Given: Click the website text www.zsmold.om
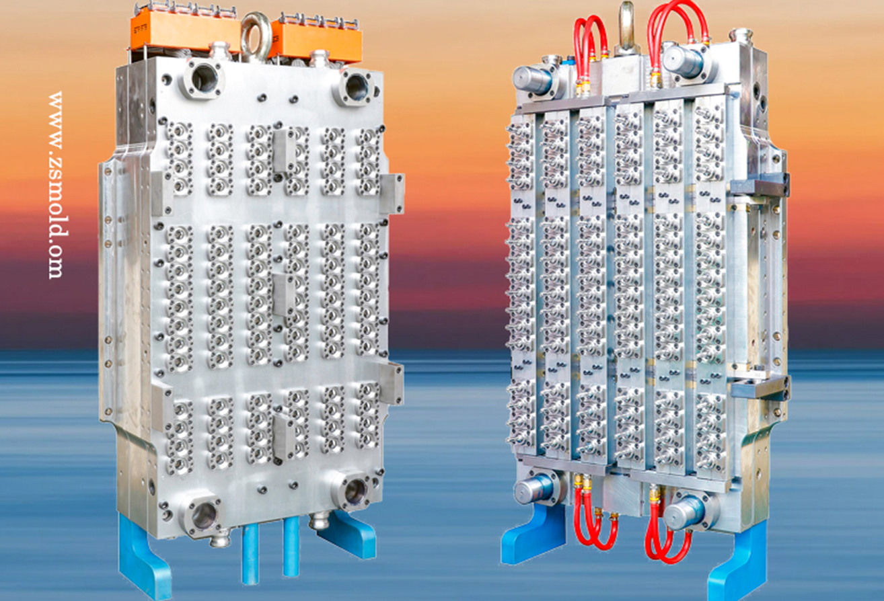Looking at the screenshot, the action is [56, 186].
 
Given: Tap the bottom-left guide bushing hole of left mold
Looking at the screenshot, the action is [203, 516].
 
